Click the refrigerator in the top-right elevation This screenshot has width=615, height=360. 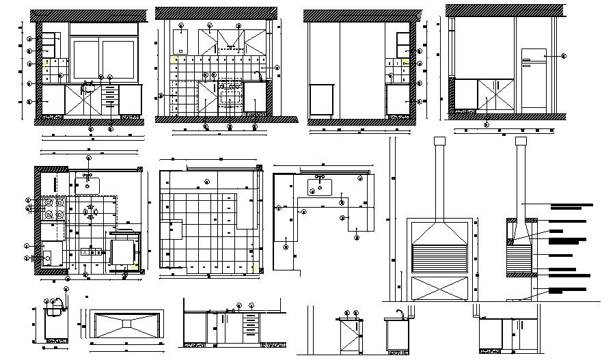534,80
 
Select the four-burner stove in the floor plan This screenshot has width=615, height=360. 54,210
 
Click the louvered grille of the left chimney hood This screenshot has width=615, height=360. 439,260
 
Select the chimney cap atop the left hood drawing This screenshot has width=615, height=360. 439,141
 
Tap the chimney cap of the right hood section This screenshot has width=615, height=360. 521,141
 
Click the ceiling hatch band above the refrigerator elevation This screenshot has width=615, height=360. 505,10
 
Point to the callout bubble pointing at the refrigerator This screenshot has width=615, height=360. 564,57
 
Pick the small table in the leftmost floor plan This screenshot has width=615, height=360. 124,251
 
